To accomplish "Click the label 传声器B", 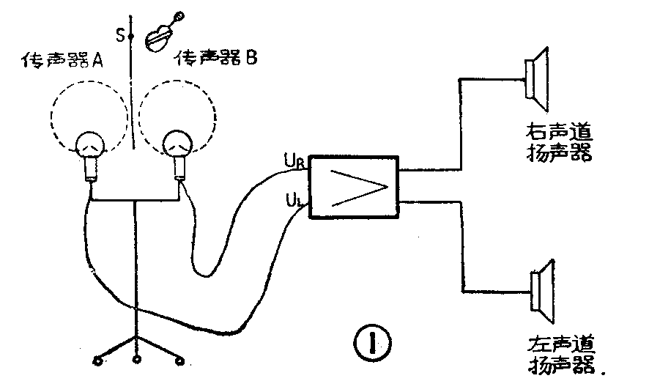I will tap(215, 59).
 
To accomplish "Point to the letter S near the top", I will tap(119, 34).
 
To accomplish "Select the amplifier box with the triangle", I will tap(355, 187).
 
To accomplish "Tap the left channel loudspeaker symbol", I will tap(541, 291).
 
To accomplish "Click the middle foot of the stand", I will tap(136, 358).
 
